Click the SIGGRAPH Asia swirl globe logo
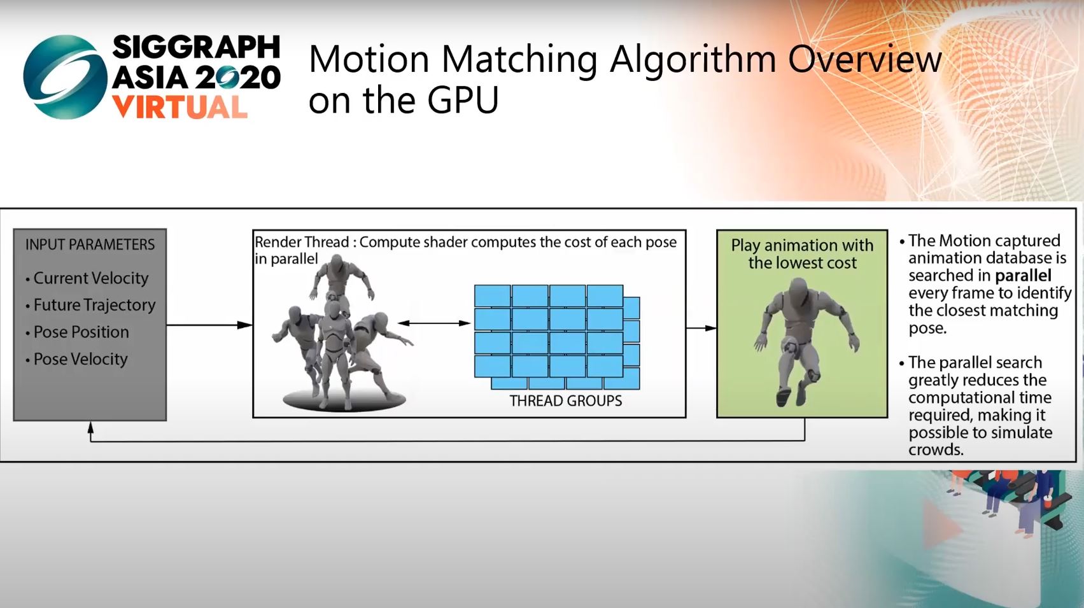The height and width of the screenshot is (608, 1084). [x=65, y=76]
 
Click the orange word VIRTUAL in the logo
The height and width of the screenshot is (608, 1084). [x=179, y=108]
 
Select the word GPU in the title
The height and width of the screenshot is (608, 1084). [x=463, y=100]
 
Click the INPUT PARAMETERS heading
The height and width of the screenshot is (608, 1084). [x=90, y=244]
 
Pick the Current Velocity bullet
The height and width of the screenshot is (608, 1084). [x=87, y=278]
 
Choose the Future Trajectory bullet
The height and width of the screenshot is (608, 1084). [x=90, y=305]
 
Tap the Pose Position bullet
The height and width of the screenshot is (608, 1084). [x=78, y=332]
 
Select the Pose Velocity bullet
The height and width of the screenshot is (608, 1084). [x=76, y=359]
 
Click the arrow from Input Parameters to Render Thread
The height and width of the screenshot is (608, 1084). [x=209, y=325]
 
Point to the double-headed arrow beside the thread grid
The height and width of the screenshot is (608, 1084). [x=434, y=323]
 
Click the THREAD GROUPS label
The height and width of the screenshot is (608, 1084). [x=566, y=401]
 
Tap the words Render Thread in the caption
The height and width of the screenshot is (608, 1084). [x=302, y=242]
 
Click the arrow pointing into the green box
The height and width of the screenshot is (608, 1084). [x=701, y=329]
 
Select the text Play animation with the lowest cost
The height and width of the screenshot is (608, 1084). [x=803, y=254]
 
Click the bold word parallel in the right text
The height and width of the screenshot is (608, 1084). [x=1023, y=276]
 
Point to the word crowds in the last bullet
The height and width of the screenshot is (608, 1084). [x=936, y=449]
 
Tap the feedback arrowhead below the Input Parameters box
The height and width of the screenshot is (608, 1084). [x=90, y=427]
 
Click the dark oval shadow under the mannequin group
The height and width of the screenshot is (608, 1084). [x=344, y=401]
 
